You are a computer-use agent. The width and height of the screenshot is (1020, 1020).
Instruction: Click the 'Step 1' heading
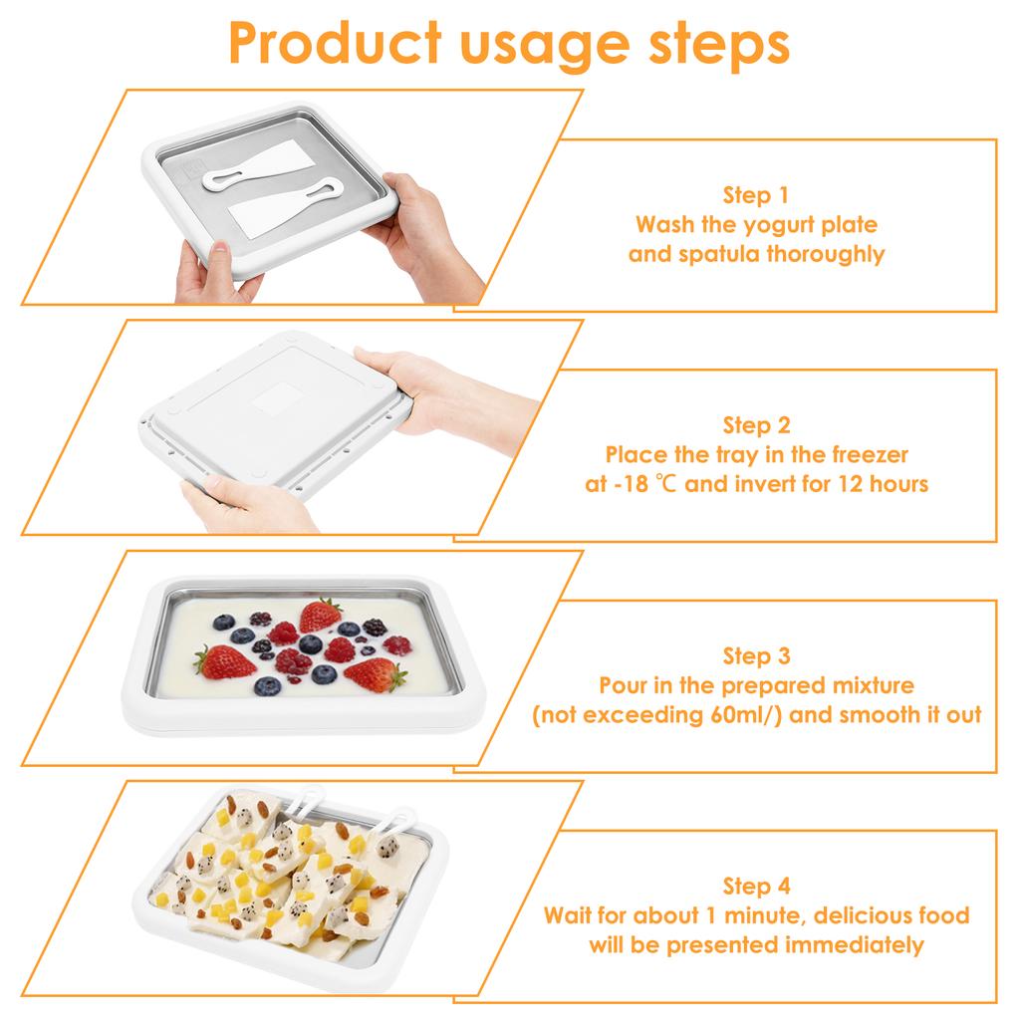pyautogui.click(x=756, y=195)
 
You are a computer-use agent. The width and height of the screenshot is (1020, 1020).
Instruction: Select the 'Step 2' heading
pyautogui.click(x=756, y=426)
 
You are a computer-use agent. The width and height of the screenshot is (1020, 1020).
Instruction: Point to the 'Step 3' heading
pyautogui.click(x=756, y=656)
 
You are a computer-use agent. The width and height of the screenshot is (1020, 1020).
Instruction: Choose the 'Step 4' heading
pyautogui.click(x=756, y=887)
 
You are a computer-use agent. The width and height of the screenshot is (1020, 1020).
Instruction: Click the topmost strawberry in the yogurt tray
pyautogui.click(x=321, y=615)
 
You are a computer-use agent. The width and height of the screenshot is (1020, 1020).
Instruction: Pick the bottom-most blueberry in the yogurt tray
pyautogui.click(x=268, y=686)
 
